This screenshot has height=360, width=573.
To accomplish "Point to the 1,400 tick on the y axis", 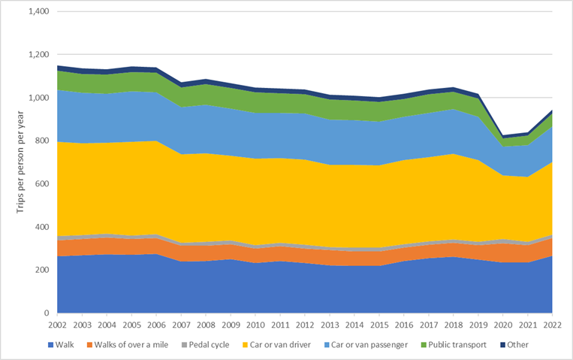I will [x=38, y=12].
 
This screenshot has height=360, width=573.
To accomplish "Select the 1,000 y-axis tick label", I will [x=38, y=98].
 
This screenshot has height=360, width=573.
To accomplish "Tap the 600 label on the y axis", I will [x=42, y=184].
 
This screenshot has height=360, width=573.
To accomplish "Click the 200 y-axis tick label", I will [x=42, y=270].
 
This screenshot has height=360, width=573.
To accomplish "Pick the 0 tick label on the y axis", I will [x=47, y=313].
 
